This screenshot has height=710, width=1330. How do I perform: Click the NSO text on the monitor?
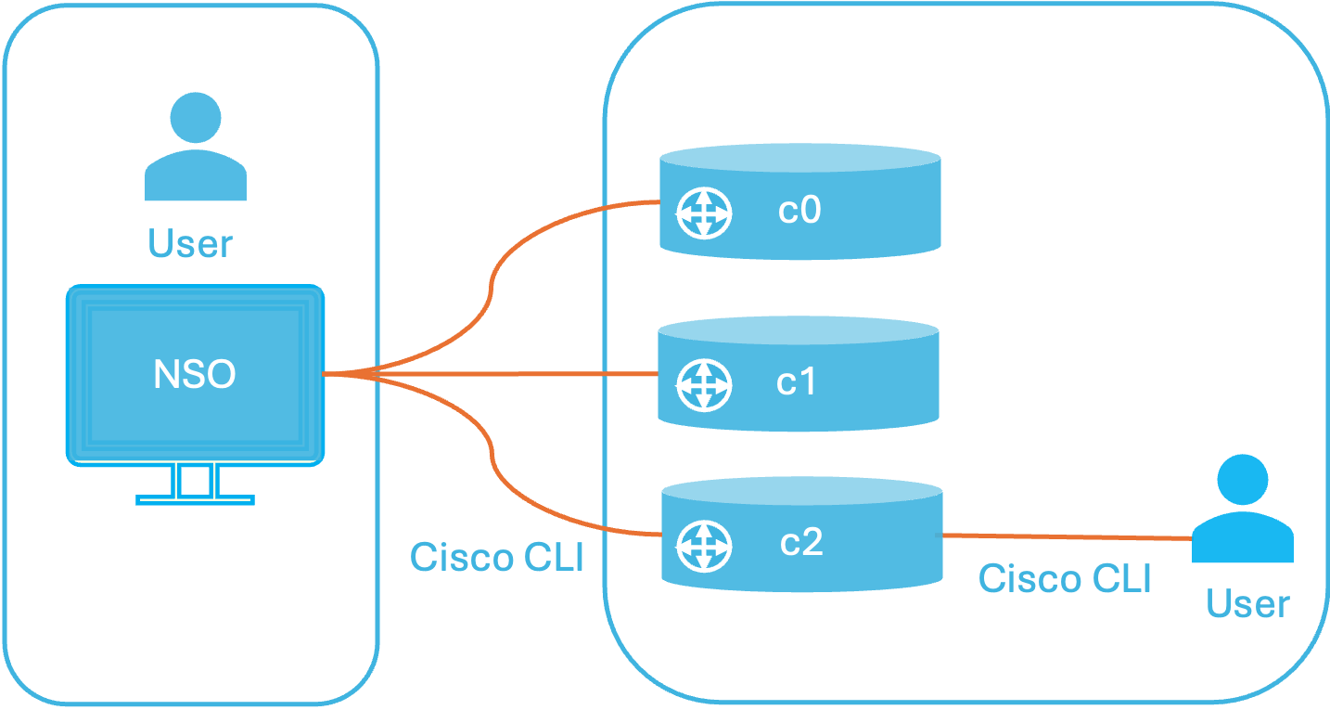click(195, 374)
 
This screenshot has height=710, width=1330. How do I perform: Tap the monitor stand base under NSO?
click(196, 499)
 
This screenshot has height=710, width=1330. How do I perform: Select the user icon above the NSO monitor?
click(196, 146)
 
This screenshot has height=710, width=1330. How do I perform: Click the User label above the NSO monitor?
click(190, 243)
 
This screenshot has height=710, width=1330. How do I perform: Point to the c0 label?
click(799, 210)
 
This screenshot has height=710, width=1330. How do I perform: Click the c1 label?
click(796, 381)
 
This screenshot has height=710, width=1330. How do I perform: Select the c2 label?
click(801, 542)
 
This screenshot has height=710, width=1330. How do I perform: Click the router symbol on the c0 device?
click(704, 213)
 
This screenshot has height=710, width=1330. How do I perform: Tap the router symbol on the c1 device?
click(704, 385)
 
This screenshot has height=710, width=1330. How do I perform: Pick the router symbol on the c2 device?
click(704, 546)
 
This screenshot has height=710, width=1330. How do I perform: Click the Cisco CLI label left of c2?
click(497, 557)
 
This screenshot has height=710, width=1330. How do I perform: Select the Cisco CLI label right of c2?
click(1065, 578)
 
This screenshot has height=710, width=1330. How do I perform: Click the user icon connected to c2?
click(1243, 508)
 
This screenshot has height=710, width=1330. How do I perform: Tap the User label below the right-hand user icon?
click(1248, 603)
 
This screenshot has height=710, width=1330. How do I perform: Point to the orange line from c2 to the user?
click(1068, 537)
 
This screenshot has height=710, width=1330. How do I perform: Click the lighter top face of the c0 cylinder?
click(800, 158)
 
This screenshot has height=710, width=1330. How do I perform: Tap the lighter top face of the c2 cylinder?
click(802, 491)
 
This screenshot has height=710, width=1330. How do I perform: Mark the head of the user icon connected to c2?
click(1243, 480)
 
